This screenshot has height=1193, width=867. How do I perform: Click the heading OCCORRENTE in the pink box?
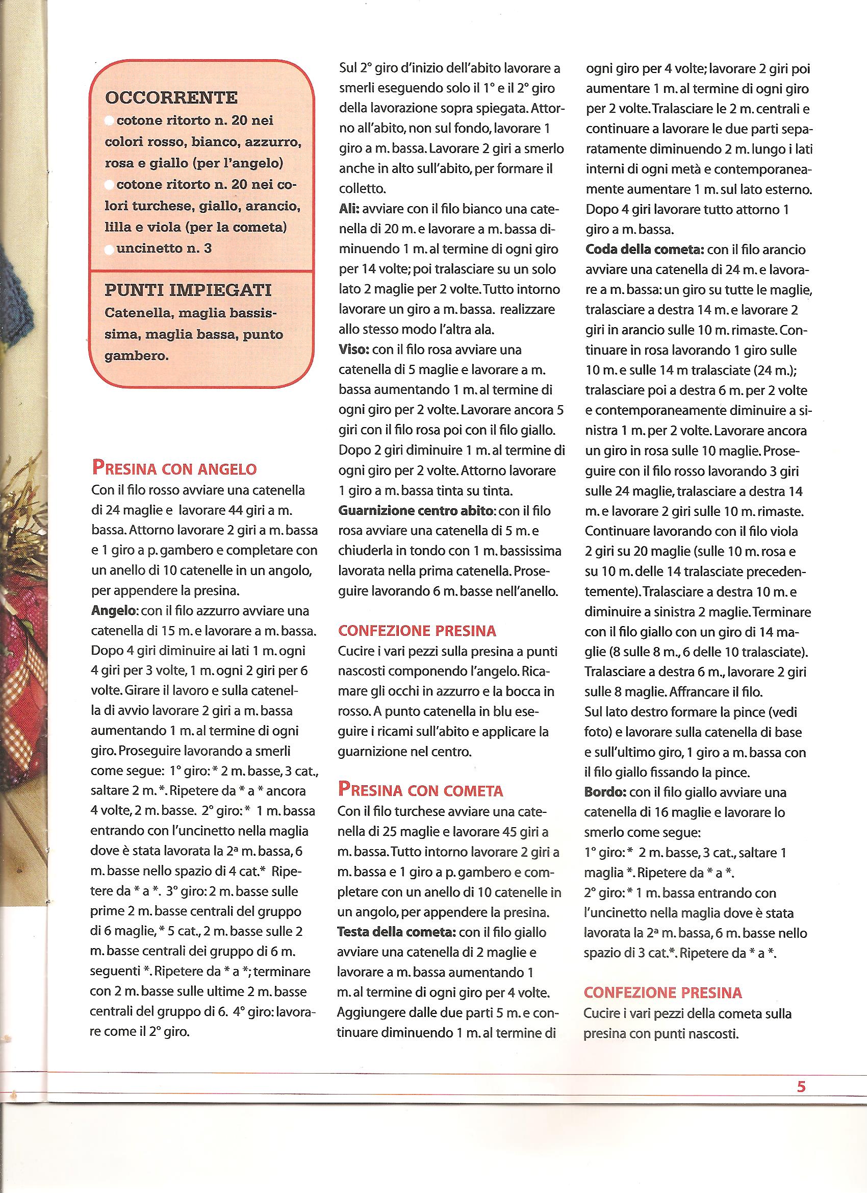(x=171, y=98)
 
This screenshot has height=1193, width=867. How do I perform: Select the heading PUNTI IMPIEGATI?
(x=188, y=290)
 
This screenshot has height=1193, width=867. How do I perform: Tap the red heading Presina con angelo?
(x=174, y=467)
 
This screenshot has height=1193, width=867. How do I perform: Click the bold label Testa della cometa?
(x=396, y=932)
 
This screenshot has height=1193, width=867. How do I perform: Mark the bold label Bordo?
(x=602, y=792)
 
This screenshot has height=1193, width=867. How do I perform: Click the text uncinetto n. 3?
(x=164, y=248)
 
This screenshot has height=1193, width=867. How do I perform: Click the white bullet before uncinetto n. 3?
(x=109, y=250)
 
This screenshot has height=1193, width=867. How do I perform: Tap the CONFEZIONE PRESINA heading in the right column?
(x=662, y=992)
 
